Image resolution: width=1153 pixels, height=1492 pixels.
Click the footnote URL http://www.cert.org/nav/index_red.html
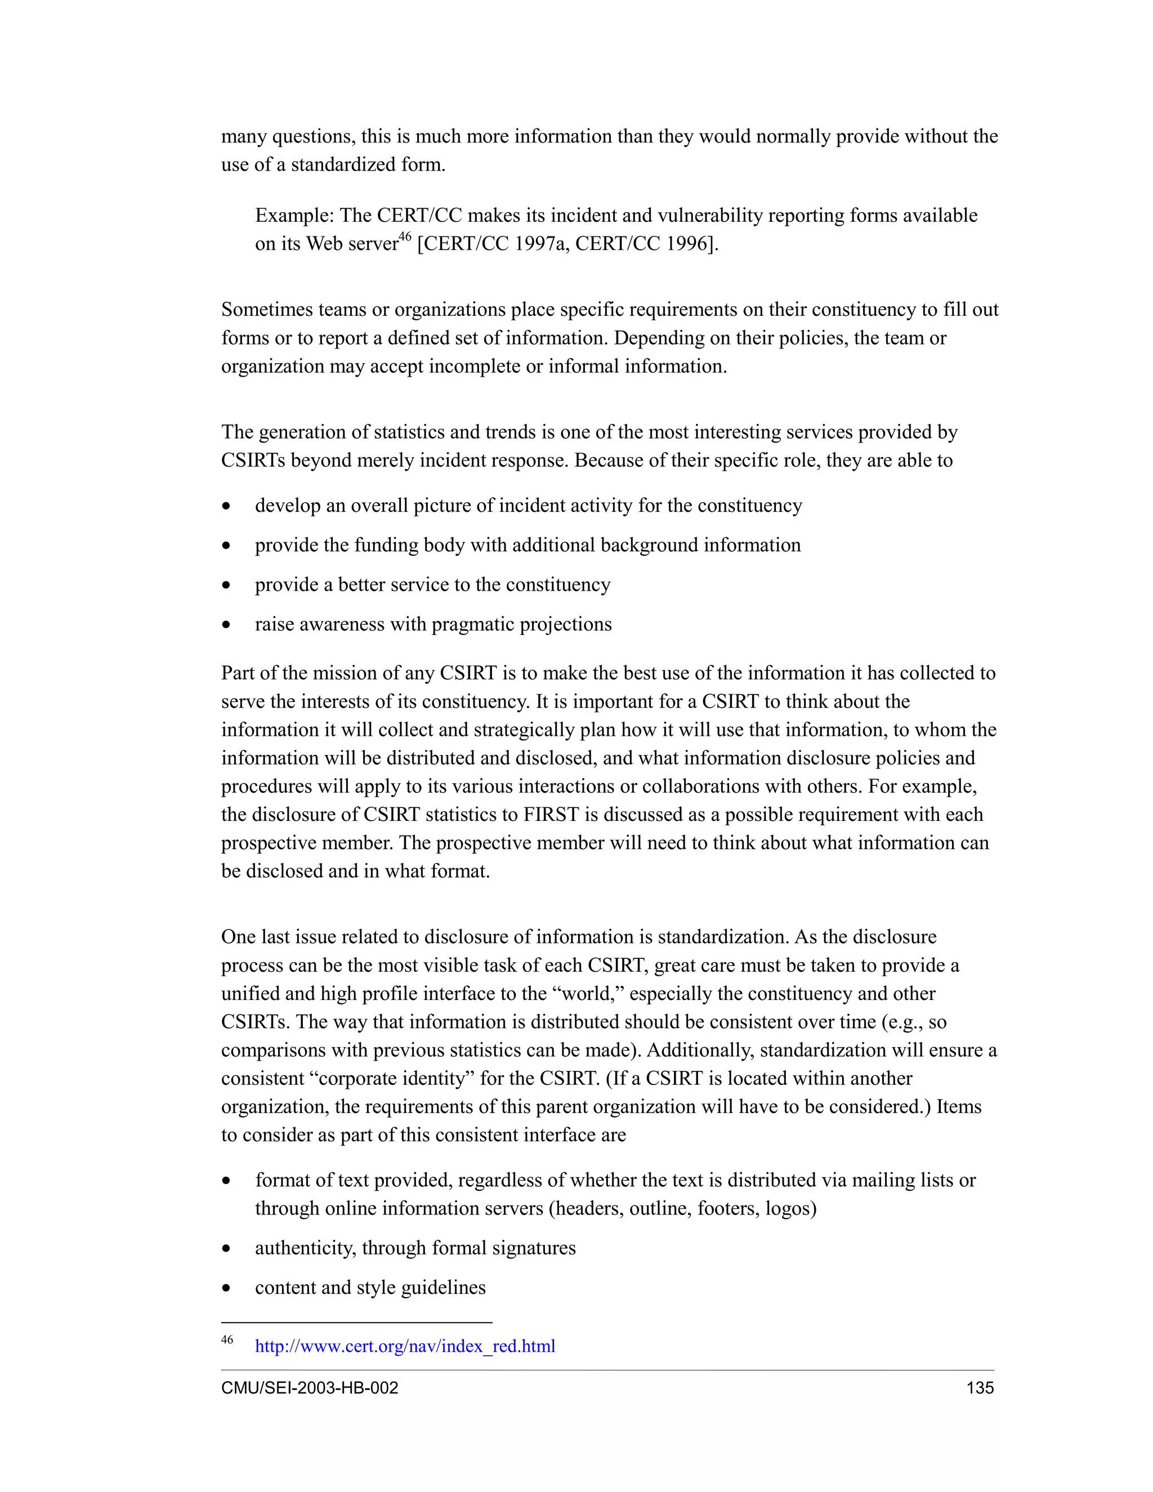click(404, 1346)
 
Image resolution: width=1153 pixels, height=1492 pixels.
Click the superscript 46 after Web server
click(405, 236)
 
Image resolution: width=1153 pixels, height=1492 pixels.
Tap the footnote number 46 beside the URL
click(227, 1339)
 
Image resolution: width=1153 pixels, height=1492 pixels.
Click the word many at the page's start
click(244, 137)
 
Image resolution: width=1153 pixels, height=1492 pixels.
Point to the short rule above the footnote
click(356, 1323)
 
